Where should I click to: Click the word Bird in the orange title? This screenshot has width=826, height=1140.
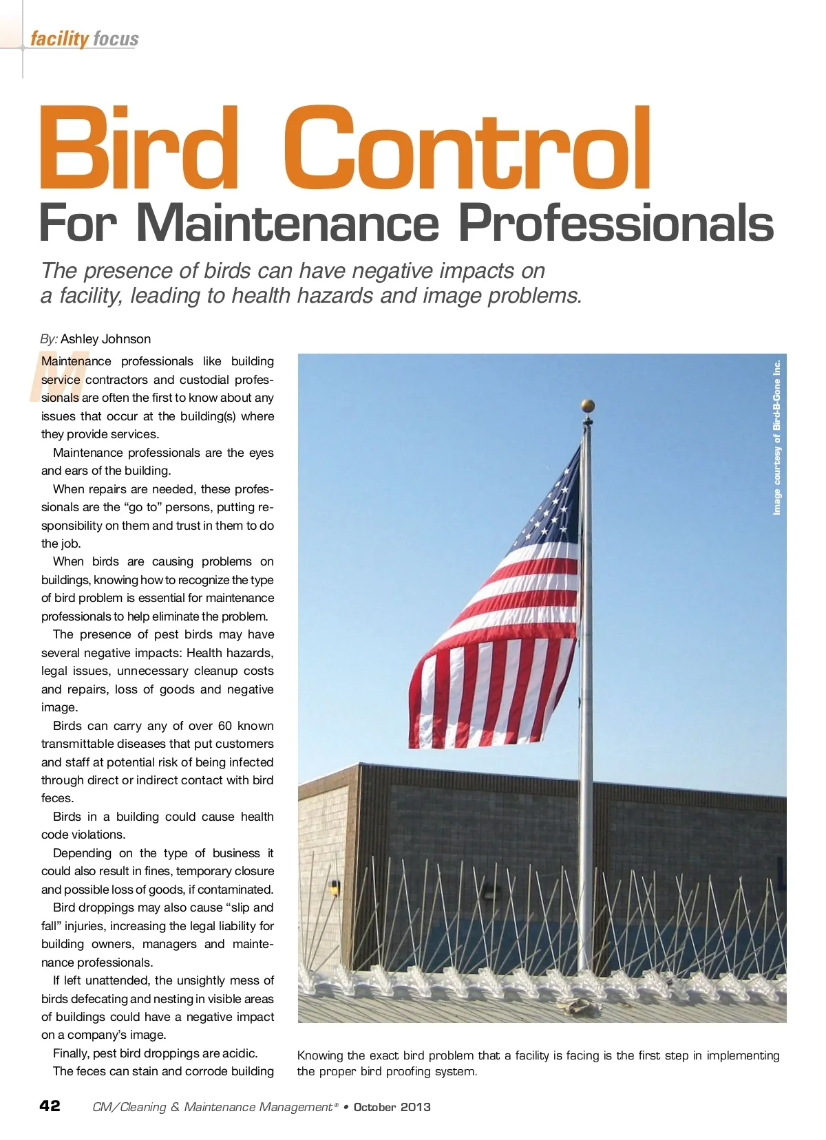click(138, 149)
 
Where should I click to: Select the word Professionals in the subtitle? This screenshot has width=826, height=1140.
click(616, 224)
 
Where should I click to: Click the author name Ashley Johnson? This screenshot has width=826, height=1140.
click(105, 339)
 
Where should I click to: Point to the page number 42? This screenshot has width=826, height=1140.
click(50, 1106)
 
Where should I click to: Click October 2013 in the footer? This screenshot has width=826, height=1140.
click(392, 1107)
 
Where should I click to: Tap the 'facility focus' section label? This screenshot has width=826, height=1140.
click(84, 39)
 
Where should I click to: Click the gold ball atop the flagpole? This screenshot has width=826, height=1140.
click(587, 405)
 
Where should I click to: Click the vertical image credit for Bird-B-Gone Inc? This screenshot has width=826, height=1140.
click(777, 437)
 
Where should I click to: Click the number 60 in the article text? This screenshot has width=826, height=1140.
click(225, 726)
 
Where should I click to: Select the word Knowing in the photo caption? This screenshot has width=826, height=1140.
click(320, 1055)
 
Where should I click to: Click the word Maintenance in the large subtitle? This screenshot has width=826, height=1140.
click(288, 224)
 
